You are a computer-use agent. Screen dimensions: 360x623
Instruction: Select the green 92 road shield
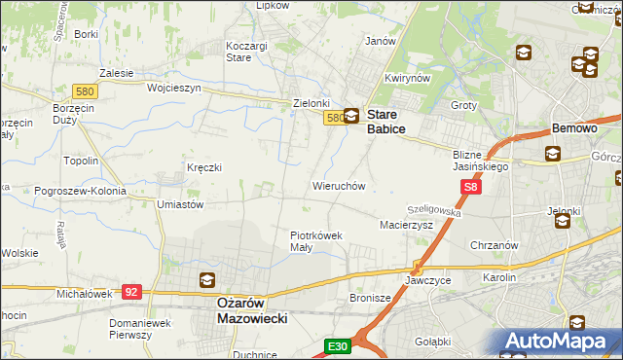tap(133, 291)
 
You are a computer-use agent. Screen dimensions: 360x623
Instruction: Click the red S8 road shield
tap(471, 188)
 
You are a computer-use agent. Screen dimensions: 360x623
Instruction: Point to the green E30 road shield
tap(337, 345)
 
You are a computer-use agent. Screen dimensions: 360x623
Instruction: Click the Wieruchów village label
tap(338, 185)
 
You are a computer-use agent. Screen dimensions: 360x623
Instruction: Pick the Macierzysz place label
tap(405, 225)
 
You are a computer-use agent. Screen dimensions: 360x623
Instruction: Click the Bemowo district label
tap(573, 128)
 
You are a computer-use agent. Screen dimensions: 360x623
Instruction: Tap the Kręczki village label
tap(204, 167)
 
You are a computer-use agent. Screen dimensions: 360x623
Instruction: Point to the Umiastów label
tap(180, 205)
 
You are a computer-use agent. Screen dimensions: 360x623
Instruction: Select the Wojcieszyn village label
tap(173, 87)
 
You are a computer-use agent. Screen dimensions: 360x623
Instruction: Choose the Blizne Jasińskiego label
tap(481, 161)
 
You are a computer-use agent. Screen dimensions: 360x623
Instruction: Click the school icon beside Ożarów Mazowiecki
tap(207, 280)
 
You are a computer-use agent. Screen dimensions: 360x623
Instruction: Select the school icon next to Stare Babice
tap(351, 116)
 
